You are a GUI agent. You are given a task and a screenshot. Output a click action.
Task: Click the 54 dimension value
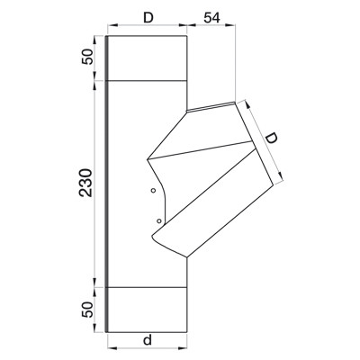[x=212, y=17]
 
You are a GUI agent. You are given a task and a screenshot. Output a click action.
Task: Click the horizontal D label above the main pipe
[x=147, y=16]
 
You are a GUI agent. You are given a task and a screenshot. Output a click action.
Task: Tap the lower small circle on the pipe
[x=158, y=220]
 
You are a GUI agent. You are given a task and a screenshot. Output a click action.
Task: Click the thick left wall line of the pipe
[x=106, y=180]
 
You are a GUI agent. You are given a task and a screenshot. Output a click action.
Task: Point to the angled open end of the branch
[x=254, y=148]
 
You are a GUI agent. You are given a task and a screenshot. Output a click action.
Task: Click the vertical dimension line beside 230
[x=96, y=184]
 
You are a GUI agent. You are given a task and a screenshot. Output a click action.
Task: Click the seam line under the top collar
[x=147, y=81]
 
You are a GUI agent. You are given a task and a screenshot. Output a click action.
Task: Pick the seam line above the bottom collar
[x=147, y=286]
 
